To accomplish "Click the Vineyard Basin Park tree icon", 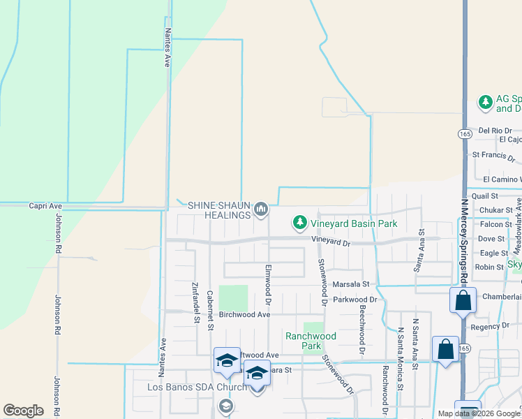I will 300,223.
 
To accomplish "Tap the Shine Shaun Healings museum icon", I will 262,209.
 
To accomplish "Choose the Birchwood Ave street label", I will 244,315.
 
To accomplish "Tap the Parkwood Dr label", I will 355,300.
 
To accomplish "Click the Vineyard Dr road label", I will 330,243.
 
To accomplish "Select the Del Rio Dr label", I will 495,131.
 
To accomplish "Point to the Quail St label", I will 484,197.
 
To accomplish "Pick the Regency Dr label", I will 491,326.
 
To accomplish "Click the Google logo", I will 23,411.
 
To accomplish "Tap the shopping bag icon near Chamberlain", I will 463,301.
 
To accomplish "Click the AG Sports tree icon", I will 485,103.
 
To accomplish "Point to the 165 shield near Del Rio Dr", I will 465,133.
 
